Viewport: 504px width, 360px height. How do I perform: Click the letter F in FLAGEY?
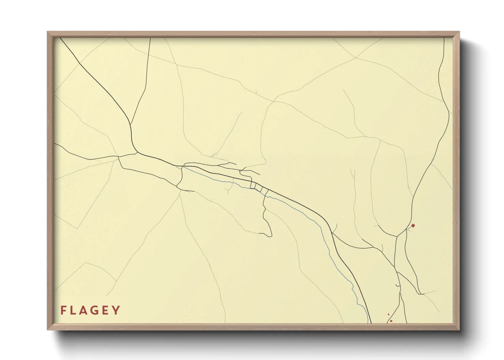point(63,310)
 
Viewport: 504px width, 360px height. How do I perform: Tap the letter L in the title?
point(74,310)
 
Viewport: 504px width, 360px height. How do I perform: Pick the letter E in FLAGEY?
point(107,310)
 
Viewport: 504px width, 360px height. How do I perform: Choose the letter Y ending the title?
point(117,310)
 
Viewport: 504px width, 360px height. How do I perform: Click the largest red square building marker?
point(413,225)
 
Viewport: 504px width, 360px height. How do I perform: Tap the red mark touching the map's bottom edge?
point(391,321)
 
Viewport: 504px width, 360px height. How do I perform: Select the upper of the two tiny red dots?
point(388,314)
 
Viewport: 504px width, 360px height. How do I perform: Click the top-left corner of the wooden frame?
point(48,32)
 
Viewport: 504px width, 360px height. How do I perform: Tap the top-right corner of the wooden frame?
point(459,32)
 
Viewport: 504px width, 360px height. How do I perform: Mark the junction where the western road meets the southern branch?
point(119,157)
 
